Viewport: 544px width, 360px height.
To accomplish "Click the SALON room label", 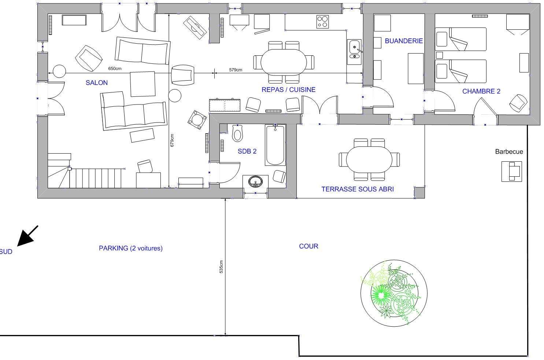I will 97,83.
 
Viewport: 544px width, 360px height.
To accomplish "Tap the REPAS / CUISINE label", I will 288,90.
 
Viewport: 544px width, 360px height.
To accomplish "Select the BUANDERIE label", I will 404,41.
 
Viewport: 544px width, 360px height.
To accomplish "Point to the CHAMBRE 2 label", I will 481,91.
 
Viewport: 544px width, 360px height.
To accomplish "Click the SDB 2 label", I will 247,151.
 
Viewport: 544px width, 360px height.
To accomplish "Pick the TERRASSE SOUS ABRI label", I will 358,189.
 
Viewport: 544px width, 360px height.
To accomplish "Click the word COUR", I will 308,246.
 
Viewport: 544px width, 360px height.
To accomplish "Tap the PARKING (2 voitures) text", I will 131,248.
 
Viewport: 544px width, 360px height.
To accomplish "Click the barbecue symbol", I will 511,171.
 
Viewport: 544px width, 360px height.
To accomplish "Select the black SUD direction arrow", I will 27,236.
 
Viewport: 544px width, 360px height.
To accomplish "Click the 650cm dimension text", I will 115,69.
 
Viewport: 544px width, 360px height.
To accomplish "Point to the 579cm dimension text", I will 236,70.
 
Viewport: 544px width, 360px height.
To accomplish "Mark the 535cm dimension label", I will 221,267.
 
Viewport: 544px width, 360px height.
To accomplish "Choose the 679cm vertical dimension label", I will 172,140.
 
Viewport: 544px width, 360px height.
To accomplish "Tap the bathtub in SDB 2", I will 275,145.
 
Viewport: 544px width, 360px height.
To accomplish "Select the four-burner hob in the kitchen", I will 322,22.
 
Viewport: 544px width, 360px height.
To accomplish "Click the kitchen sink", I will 354,50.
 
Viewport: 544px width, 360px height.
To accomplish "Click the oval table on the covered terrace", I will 369,160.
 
